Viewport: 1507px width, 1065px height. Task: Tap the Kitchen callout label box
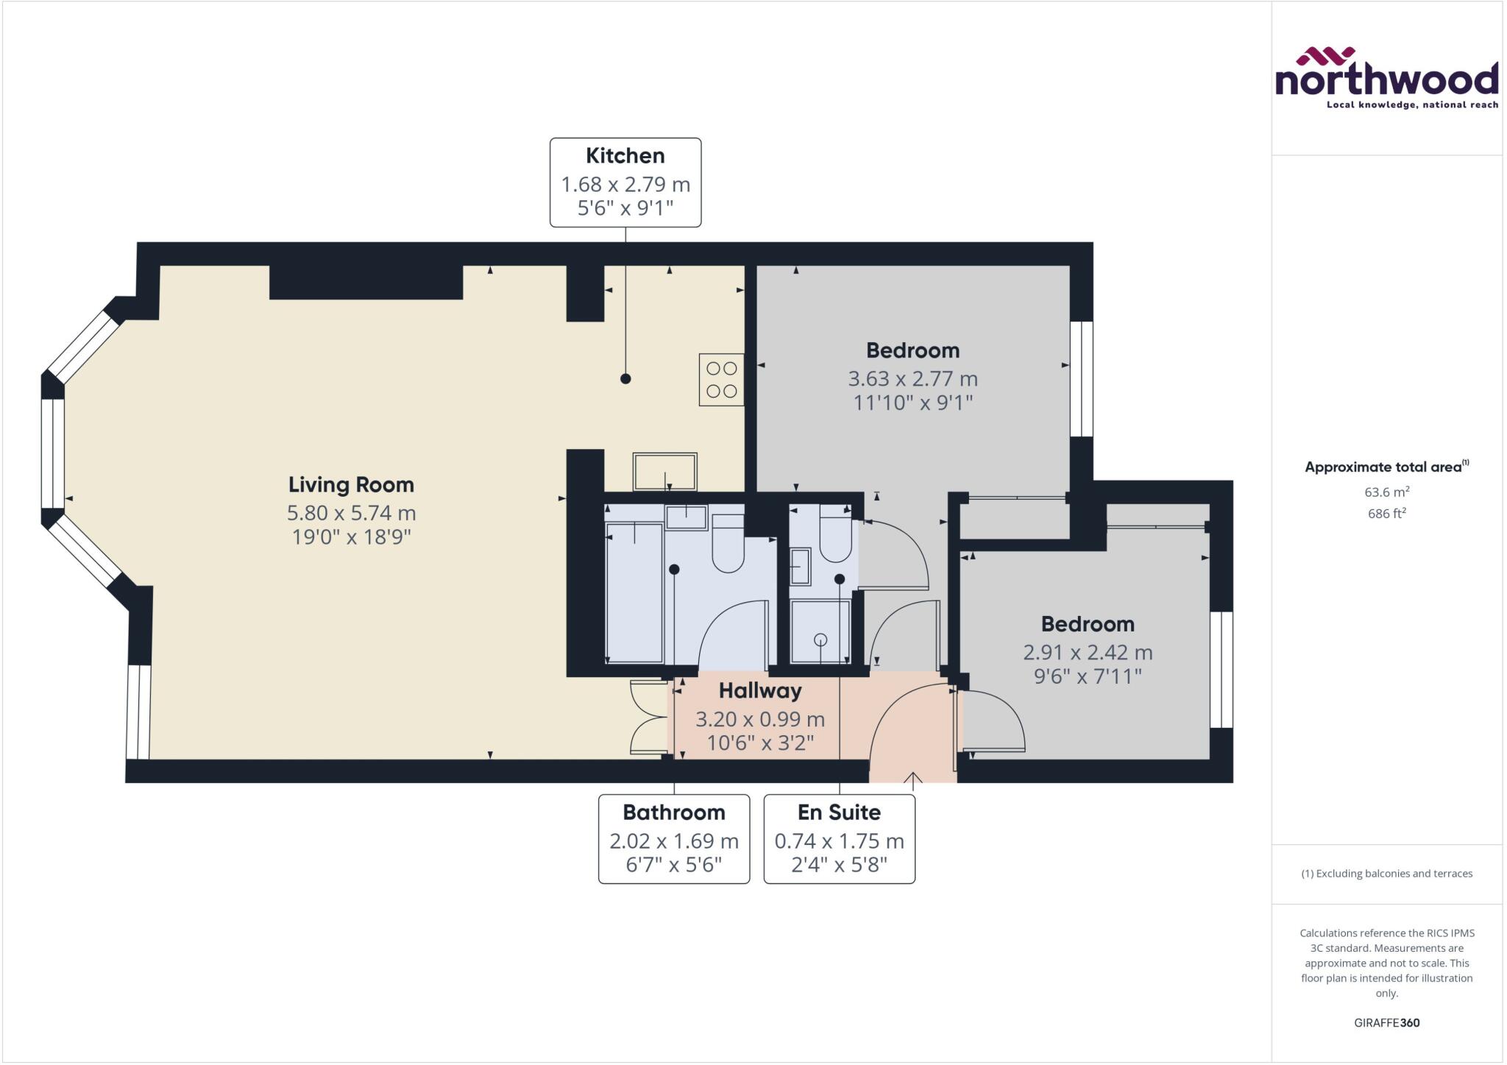625,182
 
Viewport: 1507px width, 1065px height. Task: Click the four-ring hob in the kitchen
721,380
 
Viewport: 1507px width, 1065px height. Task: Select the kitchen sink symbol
664,472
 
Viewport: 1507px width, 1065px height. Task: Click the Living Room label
351,484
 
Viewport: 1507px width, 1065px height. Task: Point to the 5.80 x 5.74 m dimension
351,512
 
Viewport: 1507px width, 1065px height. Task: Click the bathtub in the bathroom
634,592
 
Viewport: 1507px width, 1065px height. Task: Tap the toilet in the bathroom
728,545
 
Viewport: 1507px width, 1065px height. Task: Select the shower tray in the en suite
820,631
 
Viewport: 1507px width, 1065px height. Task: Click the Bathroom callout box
674,838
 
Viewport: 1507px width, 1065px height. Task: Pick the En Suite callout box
839,838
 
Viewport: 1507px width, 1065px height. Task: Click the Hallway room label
760,690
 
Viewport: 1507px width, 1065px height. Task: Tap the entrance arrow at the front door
913,779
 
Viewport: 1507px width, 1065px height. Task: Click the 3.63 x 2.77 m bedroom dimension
912,379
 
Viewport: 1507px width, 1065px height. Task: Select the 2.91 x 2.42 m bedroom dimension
1088,652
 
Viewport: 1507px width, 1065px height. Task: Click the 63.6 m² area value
1386,492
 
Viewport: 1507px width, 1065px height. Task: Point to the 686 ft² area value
1386,514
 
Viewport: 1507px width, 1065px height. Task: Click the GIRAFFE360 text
1386,1022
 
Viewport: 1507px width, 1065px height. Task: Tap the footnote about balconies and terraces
1386,874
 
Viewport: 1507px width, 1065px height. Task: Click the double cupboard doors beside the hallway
647,718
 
